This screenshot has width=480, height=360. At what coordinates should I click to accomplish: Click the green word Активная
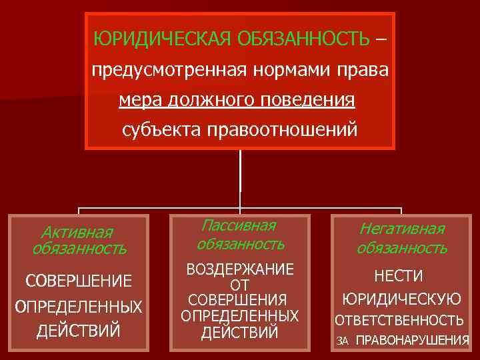[77, 232]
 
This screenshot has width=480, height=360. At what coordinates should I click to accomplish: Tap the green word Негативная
[402, 229]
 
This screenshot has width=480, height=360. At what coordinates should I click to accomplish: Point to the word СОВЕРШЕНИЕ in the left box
[79, 281]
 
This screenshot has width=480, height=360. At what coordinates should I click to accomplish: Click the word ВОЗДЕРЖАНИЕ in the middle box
[240, 269]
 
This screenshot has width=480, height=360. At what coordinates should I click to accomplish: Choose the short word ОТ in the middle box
[239, 285]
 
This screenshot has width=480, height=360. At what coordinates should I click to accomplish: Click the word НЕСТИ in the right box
[399, 275]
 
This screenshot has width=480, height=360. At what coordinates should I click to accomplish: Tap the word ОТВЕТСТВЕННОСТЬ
[399, 320]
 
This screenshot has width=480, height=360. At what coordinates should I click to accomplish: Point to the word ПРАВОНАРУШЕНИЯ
[413, 340]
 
